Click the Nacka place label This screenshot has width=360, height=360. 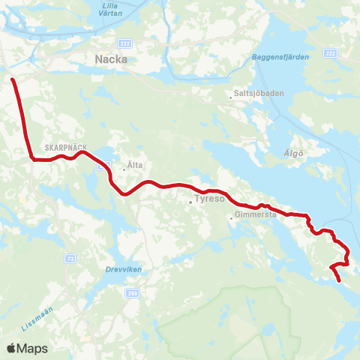111,58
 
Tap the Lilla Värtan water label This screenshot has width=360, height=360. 113,10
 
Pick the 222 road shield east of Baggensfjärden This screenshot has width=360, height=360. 331,52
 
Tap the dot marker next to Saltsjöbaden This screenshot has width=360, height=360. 231,96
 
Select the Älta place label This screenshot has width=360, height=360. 135,164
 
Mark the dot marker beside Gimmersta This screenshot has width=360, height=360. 231,218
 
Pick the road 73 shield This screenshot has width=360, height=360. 70,257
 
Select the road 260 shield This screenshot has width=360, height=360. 133,292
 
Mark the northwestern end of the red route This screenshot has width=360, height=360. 13,78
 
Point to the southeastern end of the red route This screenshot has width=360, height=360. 340,280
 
